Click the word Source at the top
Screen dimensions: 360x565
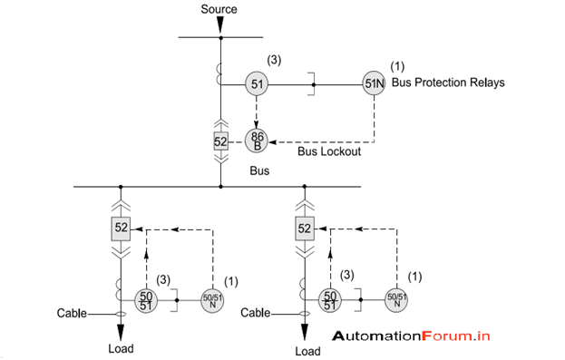tap(220, 9)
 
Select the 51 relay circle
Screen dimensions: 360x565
tap(257, 84)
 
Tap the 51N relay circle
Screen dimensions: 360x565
tap(374, 84)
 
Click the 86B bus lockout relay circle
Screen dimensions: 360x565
tap(257, 141)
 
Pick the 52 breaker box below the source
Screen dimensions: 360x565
tap(220, 142)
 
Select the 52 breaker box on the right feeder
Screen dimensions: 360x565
tap(305, 229)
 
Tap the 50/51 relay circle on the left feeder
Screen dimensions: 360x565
tap(145, 299)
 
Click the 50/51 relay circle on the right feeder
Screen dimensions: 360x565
tap(331, 299)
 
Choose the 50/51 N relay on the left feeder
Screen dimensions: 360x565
tap(211, 299)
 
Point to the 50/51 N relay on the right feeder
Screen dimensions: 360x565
tap(397, 299)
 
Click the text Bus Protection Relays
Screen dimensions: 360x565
tap(447, 83)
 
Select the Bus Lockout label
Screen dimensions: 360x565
tap(329, 151)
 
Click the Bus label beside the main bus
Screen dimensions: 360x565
tap(259, 170)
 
